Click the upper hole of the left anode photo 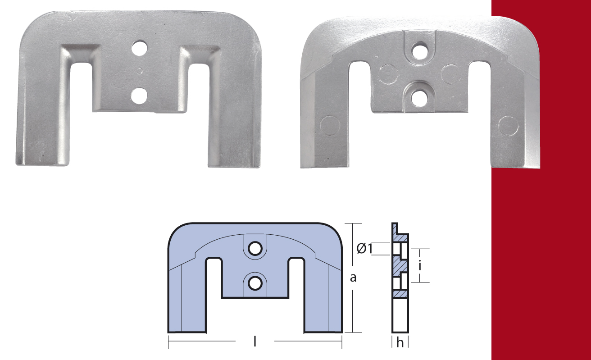(x=140, y=48)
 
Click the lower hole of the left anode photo (x=139, y=96)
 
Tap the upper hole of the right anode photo (x=419, y=50)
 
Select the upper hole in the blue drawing (x=255, y=249)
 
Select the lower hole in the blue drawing (x=255, y=284)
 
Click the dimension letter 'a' (x=353, y=278)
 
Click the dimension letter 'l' (x=255, y=342)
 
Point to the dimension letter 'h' (x=400, y=342)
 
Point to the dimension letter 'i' (x=420, y=266)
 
